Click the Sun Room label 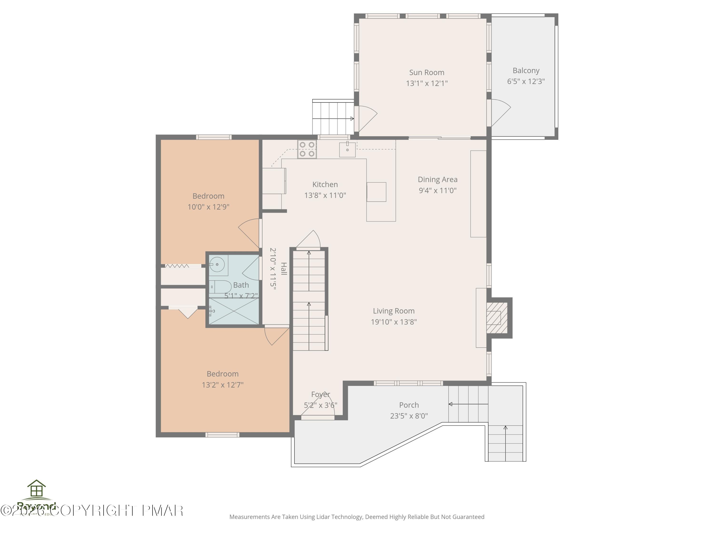pos(426,73)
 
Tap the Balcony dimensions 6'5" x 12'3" pos(526,81)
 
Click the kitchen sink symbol pos(347,150)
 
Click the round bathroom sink pos(217,265)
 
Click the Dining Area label pos(437,180)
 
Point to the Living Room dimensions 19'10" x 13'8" pos(393,322)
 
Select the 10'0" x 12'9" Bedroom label pos(208,196)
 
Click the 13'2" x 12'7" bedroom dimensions pos(222,385)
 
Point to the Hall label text pos(283,269)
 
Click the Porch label pos(409,405)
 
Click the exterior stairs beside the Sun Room pos(332,118)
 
